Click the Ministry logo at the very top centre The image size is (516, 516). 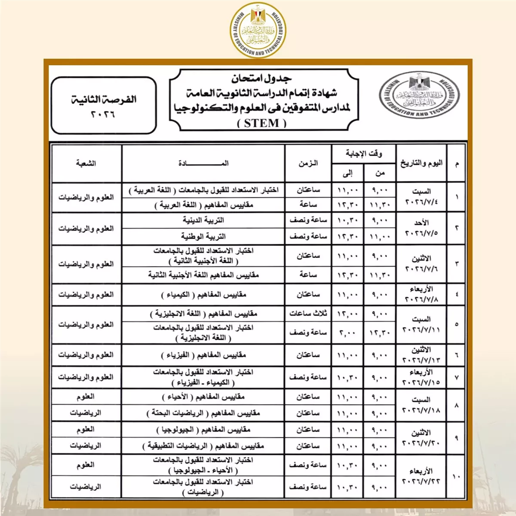coord(258,30)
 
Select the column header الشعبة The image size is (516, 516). coord(86,163)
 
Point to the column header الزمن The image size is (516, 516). coord(308,163)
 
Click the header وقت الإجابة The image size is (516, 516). coord(363,154)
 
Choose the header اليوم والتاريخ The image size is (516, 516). coord(421,163)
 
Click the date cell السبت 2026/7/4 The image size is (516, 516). coord(421,197)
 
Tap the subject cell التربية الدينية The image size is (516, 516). coord(203,220)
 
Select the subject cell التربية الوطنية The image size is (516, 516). coord(203,236)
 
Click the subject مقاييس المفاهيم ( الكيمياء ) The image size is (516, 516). coord(203,295)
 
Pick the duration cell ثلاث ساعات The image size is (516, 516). coord(308,313)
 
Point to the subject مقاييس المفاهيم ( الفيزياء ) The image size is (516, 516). coord(203,355)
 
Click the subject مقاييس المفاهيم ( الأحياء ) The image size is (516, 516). coord(203,397)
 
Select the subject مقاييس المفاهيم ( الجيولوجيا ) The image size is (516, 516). coord(203,430)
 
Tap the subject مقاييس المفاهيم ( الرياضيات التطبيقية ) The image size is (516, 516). coord(203,446)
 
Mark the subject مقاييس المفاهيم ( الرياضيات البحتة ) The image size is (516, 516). coord(203,413)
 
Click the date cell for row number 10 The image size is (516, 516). coord(421,476)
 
